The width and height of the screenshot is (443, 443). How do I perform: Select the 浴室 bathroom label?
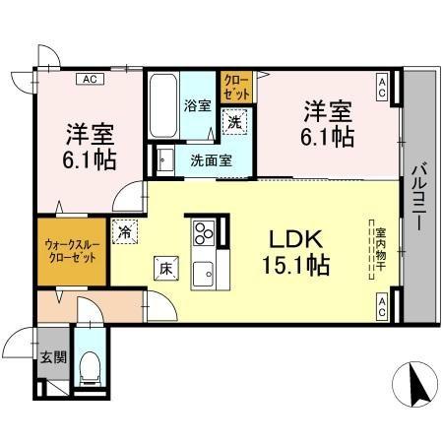[195, 104]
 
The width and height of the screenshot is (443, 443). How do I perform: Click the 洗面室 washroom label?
[210, 160]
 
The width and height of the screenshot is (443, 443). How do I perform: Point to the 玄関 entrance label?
[53, 357]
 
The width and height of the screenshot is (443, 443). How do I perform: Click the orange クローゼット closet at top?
[236, 88]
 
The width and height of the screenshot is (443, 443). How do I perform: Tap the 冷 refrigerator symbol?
[126, 231]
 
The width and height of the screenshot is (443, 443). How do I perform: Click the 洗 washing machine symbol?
[235, 123]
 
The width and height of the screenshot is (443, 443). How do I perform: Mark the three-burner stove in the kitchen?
[205, 233]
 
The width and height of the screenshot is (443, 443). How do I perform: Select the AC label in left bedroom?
[89, 78]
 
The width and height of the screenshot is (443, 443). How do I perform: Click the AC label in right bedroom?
[381, 88]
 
